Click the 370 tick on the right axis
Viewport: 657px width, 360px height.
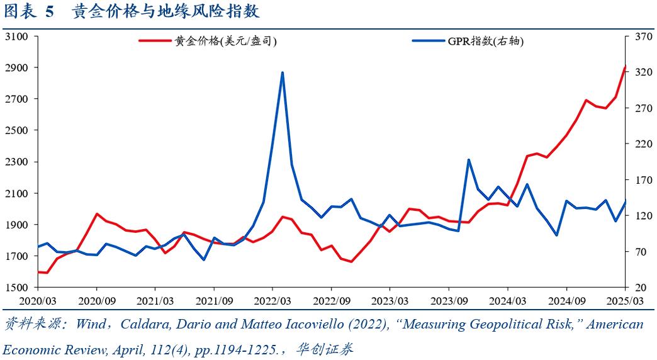click(641, 37)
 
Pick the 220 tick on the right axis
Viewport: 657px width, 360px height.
click(641, 144)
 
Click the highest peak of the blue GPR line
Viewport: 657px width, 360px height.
click(283, 72)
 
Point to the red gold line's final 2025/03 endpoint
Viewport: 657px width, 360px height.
click(625, 67)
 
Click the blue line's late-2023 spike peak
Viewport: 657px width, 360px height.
click(469, 160)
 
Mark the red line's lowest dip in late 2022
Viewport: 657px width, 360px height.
click(351, 261)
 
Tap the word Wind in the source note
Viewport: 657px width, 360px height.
click(91, 325)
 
